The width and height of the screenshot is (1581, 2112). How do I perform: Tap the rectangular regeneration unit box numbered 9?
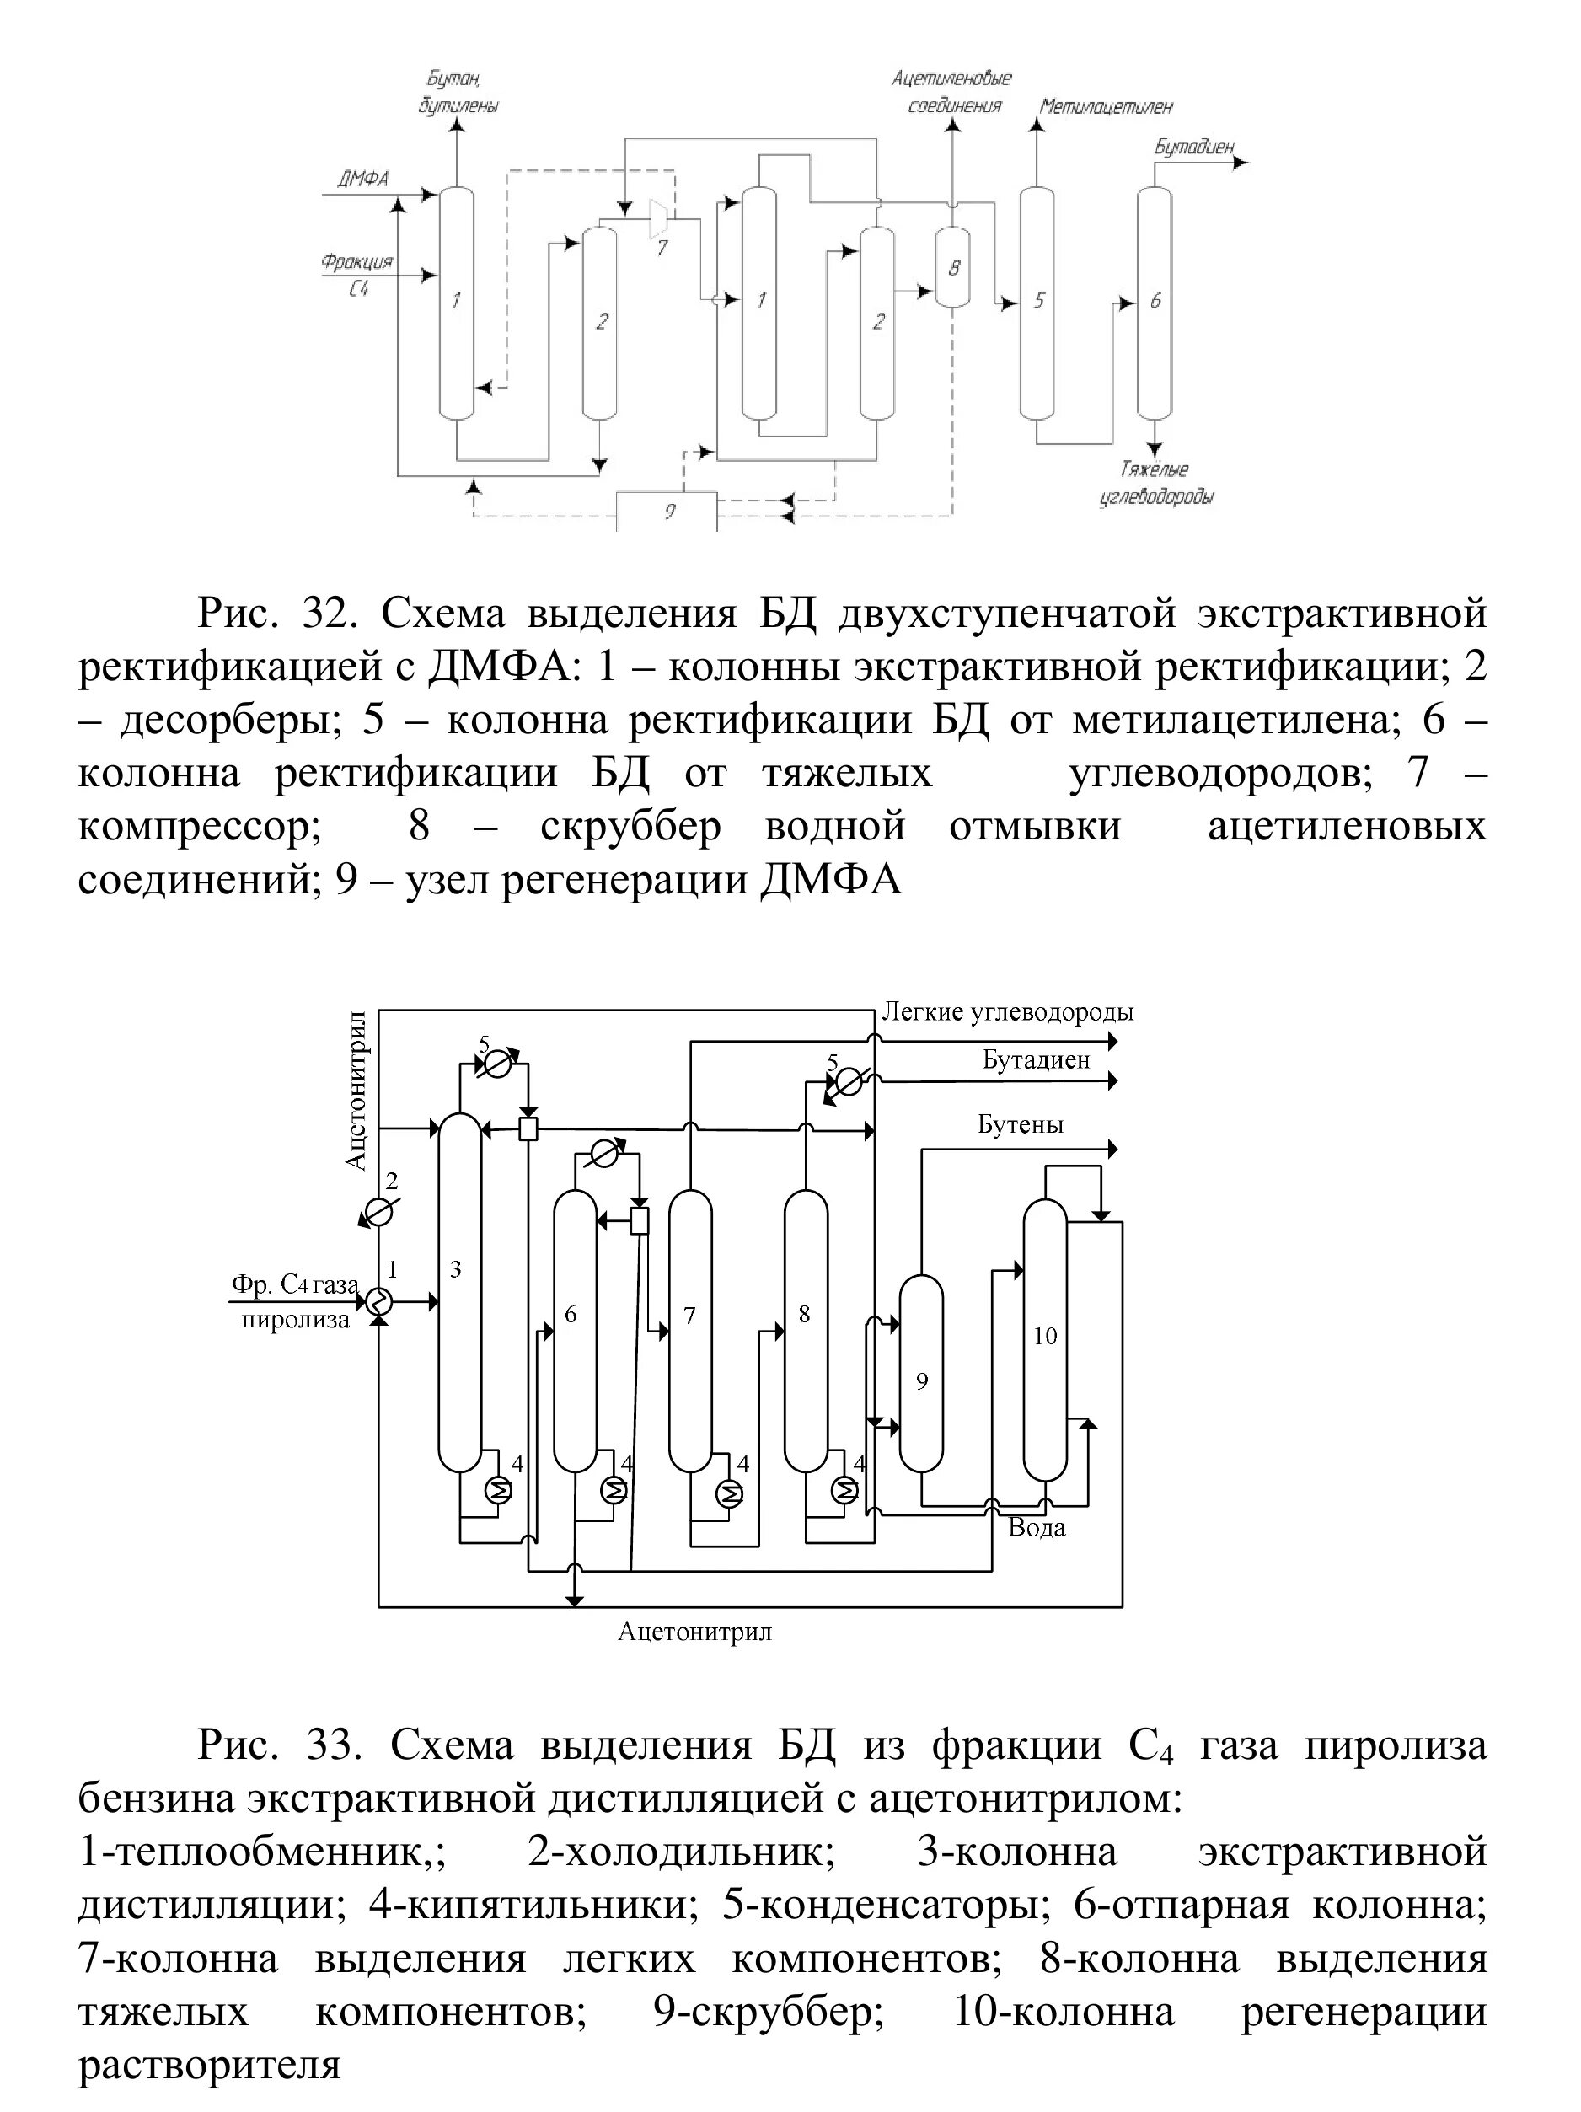(x=667, y=512)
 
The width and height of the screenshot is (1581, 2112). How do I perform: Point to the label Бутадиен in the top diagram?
(x=1193, y=147)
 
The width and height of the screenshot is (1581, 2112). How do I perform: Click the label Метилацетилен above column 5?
(x=1106, y=107)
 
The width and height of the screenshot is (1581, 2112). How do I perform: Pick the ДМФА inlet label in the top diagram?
(x=362, y=179)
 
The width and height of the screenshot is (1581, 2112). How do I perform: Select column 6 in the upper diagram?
(x=1155, y=302)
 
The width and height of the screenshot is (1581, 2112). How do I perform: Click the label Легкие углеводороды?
(x=1007, y=1012)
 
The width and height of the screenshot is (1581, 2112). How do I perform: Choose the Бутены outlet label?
(x=1020, y=1125)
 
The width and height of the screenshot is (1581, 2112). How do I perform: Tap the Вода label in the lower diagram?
(x=1037, y=1528)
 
